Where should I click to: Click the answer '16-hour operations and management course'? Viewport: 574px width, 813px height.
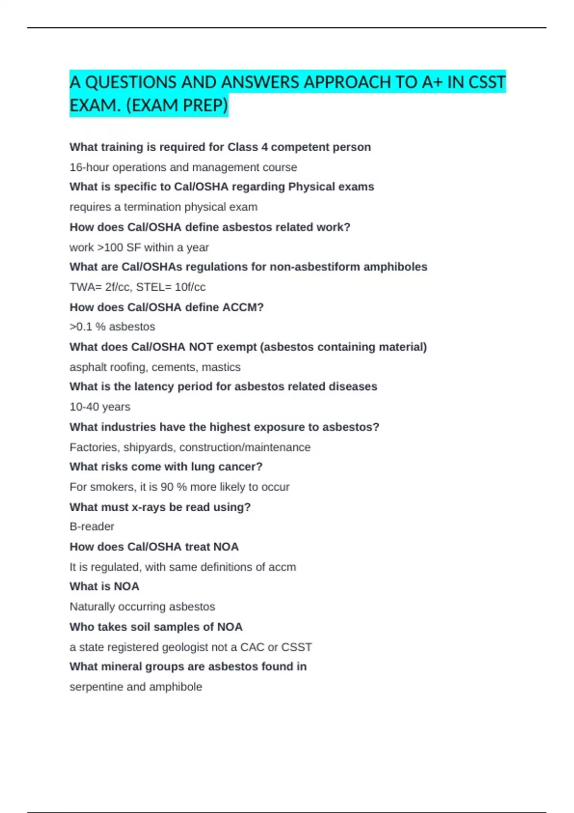click(x=183, y=167)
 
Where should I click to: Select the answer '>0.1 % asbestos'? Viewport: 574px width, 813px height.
click(x=112, y=327)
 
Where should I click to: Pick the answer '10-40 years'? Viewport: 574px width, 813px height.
click(x=100, y=407)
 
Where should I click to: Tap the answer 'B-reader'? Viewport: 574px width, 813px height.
click(x=92, y=527)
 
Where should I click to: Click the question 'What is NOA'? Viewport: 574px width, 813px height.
click(x=104, y=586)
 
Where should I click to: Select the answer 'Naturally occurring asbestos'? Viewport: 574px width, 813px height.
click(x=142, y=606)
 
